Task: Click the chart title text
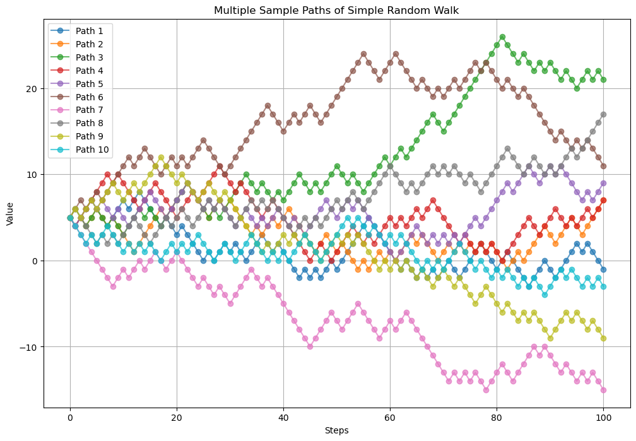336,10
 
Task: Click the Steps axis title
336,430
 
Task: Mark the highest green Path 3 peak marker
502,37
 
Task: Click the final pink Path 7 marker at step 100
603,390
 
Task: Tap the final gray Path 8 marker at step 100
603,114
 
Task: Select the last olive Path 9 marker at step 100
603,338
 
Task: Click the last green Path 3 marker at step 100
603,80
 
